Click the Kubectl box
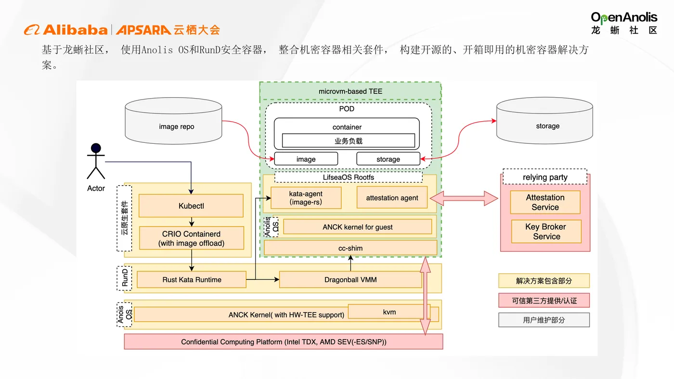click(x=191, y=206)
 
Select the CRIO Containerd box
click(x=192, y=238)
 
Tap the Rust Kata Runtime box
click(x=192, y=279)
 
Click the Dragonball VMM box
click(x=350, y=279)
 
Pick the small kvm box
click(x=389, y=312)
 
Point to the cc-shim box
click(x=350, y=248)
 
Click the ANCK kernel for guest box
click(x=357, y=227)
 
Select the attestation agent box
click(x=392, y=198)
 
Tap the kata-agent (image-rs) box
click(x=306, y=198)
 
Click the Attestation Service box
click(x=545, y=202)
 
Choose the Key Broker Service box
click(x=546, y=231)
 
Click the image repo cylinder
click(x=176, y=126)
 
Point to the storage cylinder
click(x=547, y=126)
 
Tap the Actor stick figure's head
click(x=96, y=148)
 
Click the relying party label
click(x=545, y=177)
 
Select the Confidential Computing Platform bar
click(x=284, y=342)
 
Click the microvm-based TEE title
click(x=350, y=91)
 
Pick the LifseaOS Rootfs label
click(x=349, y=177)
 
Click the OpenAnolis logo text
click(x=624, y=18)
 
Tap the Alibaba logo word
click(x=75, y=30)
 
